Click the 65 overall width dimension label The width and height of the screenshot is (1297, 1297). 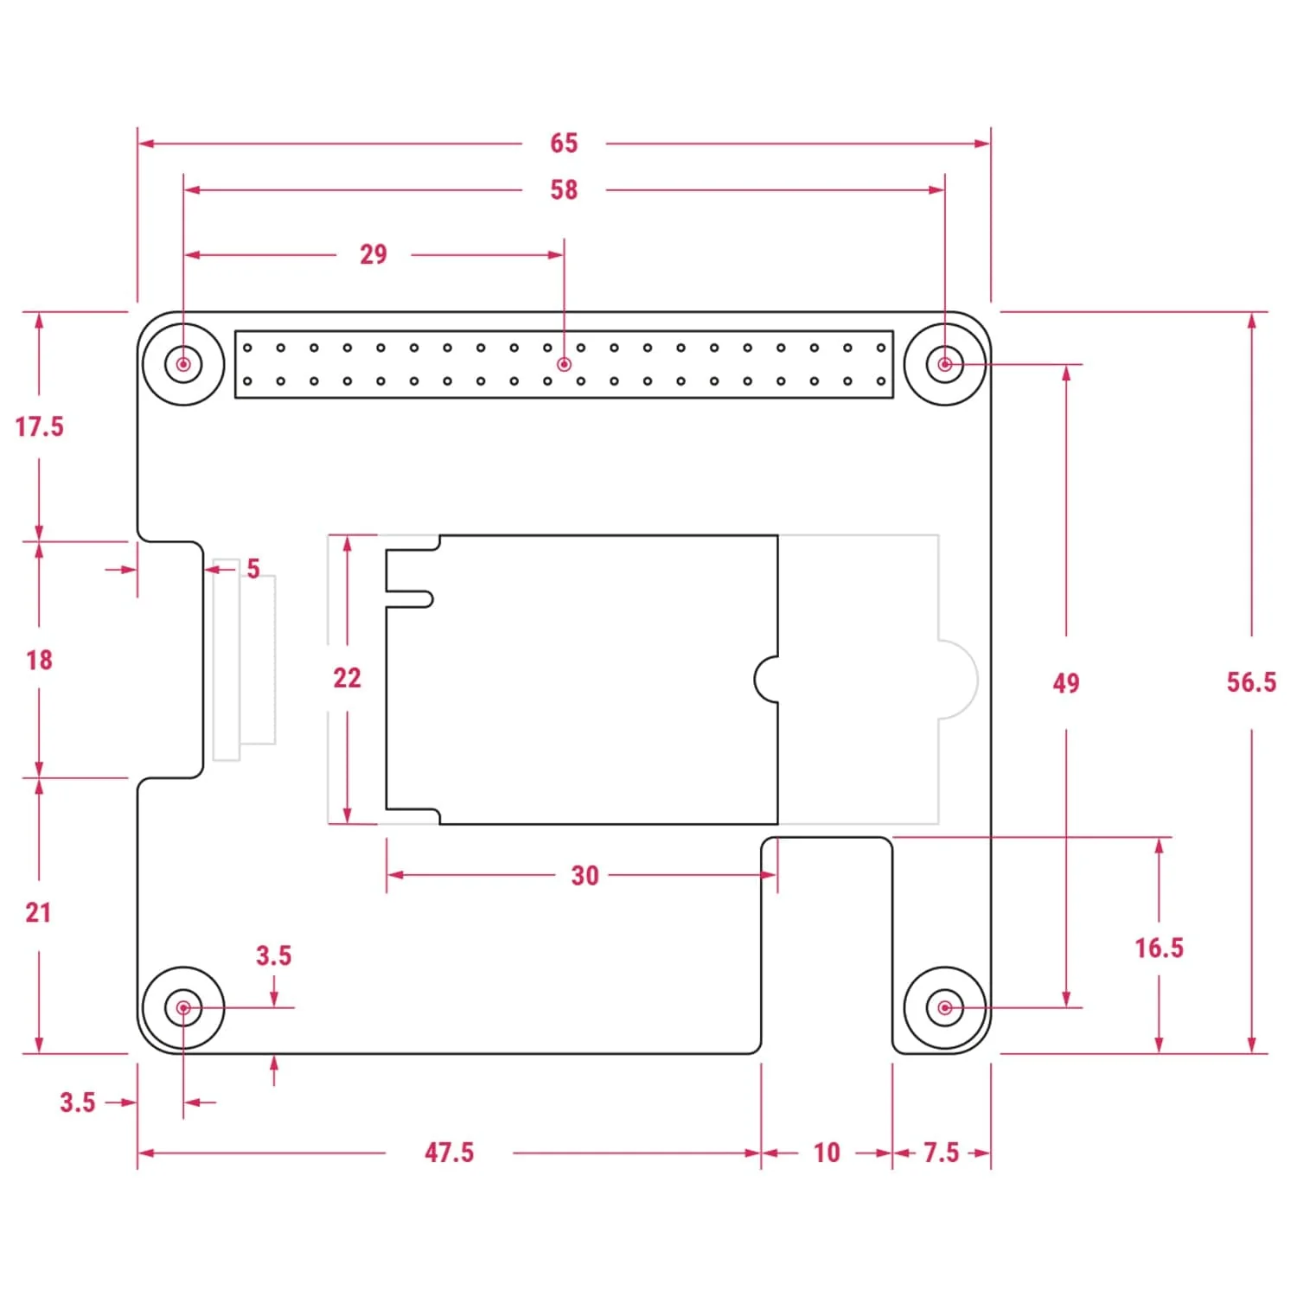[x=564, y=144]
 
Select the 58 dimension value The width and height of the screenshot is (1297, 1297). [x=564, y=190]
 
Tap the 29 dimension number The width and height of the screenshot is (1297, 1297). [x=374, y=255]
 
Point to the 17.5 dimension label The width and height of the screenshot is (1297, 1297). [x=39, y=427]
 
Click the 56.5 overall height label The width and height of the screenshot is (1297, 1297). [x=1250, y=682]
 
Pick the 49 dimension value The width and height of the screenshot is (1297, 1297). [x=1065, y=684]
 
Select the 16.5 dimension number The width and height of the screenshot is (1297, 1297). [x=1159, y=949]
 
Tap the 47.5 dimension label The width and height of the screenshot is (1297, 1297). [x=449, y=1153]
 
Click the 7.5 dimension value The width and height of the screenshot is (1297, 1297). [x=941, y=1153]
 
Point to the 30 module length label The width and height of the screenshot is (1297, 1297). [x=585, y=876]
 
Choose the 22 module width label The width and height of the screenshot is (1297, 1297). [x=347, y=678]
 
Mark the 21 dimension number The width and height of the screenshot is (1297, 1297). [x=38, y=913]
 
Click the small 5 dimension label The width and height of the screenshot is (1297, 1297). [x=252, y=569]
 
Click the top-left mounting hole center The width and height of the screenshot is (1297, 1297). [x=183, y=364]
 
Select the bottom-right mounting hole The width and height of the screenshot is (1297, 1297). [x=944, y=1007]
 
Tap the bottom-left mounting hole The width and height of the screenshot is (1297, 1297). [x=183, y=1007]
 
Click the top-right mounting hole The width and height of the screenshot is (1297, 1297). [x=944, y=364]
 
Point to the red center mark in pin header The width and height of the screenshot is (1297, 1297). [x=564, y=364]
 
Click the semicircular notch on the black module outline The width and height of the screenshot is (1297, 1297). [x=767, y=680]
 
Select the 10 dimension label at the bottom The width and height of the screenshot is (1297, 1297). [x=827, y=1153]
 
